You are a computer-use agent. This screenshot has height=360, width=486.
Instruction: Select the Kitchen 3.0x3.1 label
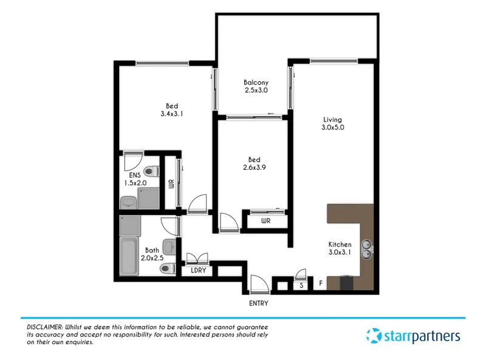[x=340, y=248]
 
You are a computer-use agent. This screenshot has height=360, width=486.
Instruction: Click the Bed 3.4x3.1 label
[x=172, y=109]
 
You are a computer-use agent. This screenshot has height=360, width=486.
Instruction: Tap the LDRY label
[x=199, y=271]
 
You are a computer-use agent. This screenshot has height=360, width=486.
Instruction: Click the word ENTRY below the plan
[x=258, y=303]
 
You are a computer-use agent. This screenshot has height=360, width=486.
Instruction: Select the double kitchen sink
[x=366, y=246]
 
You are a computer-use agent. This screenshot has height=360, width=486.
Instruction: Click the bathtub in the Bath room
[x=128, y=259]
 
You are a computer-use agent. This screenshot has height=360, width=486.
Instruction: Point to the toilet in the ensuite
[x=152, y=171]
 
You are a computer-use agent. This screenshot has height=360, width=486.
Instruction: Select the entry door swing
[x=258, y=282]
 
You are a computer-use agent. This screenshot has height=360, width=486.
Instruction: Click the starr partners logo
[x=413, y=335]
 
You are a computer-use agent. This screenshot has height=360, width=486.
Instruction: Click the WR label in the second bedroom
[x=265, y=221]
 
